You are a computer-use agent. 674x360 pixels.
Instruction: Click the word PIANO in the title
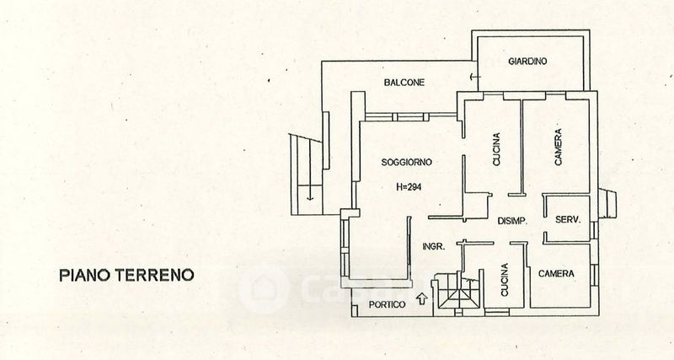point(83,275)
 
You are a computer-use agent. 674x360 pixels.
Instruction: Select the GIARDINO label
point(528,62)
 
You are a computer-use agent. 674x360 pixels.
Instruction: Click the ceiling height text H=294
point(408,187)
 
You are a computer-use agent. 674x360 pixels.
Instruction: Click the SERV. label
point(567,220)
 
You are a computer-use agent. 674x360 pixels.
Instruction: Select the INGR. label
point(433,247)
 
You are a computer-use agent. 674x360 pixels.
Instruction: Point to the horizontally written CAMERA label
point(557,274)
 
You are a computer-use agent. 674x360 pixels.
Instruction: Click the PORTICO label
point(388,304)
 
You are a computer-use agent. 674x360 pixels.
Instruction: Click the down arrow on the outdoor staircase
point(310,196)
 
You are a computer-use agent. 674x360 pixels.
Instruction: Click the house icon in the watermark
point(262,289)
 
